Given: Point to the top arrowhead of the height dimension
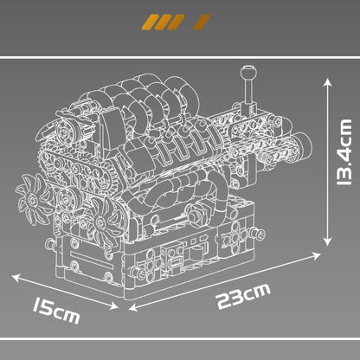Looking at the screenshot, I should pos(327,80).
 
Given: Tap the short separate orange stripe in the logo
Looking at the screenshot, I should pos(202,21).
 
